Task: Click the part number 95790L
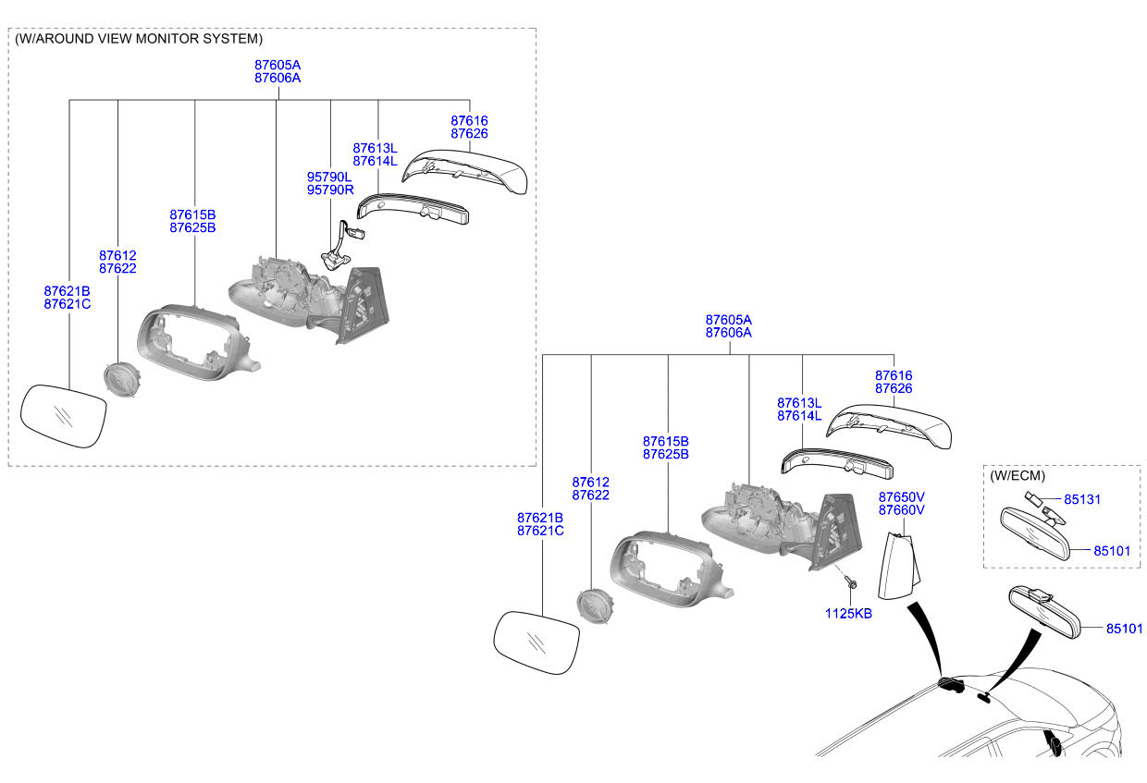coord(329,177)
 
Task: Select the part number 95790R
coord(330,190)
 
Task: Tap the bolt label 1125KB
coord(848,614)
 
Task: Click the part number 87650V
coord(902,497)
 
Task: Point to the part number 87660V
coord(902,510)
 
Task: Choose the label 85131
coord(1082,499)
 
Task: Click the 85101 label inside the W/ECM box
coord(1112,551)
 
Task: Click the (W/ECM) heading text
coord(1017,476)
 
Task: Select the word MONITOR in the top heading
coord(168,39)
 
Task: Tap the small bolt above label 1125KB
coord(852,583)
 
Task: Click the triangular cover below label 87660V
coord(899,566)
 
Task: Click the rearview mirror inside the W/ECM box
coord(1034,533)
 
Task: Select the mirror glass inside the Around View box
coord(64,417)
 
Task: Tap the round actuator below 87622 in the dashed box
coord(122,380)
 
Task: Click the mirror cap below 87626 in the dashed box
coord(464,172)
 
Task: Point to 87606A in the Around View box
coord(277,79)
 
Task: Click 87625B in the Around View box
coord(192,227)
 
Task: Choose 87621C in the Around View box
coord(68,304)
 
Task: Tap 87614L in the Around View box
coord(375,161)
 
